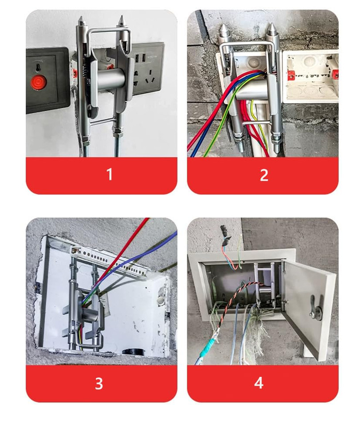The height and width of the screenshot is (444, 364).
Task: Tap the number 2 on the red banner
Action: pyautogui.click(x=264, y=175)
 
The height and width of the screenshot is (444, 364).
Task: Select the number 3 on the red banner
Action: pyautogui.click(x=99, y=383)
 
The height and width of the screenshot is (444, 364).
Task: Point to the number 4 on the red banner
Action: pyautogui.click(x=259, y=383)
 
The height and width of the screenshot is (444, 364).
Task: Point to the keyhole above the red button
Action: pyautogui.click(x=38, y=67)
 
